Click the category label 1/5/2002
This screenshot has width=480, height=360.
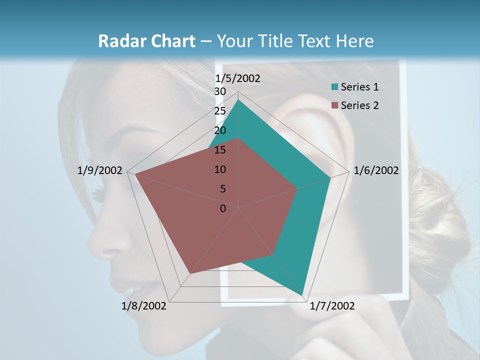click(x=237, y=78)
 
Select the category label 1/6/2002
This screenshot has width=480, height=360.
click(x=376, y=170)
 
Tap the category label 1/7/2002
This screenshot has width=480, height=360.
click(x=332, y=306)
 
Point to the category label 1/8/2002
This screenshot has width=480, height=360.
click(x=144, y=306)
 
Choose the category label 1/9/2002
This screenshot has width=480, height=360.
click(x=100, y=170)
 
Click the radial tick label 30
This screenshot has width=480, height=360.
click(x=220, y=91)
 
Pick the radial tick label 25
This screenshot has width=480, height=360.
click(x=220, y=111)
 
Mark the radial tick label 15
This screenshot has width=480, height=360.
click(x=220, y=150)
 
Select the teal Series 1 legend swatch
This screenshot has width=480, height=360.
click(x=335, y=87)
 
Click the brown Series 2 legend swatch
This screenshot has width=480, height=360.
click(x=335, y=105)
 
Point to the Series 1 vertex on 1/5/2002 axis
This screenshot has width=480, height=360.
click(x=238, y=99)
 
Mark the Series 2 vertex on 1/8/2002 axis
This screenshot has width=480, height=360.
click(x=189, y=274)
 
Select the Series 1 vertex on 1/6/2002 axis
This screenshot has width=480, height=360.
click(x=330, y=177)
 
